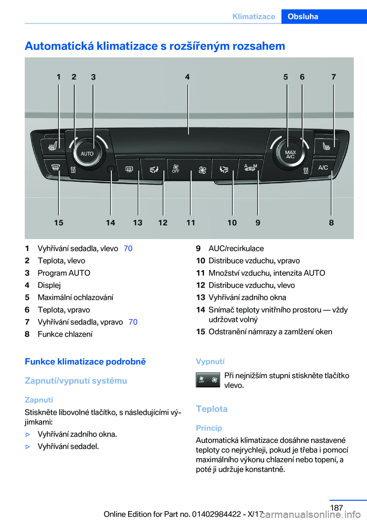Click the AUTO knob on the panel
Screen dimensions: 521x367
click(87, 153)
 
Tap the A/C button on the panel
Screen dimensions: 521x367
click(323, 168)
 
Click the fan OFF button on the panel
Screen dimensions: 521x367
click(176, 169)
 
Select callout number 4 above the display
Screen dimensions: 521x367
click(187, 77)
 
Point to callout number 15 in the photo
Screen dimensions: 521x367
click(58, 223)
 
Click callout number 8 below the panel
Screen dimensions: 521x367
click(331, 223)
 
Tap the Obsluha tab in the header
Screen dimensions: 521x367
click(303, 16)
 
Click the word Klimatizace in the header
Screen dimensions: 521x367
click(254, 16)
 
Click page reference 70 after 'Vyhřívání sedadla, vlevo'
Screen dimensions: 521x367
click(128, 248)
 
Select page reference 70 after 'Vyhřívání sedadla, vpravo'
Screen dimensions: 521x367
click(133, 322)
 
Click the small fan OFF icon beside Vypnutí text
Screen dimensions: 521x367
click(208, 380)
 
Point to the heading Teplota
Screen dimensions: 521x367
click(212, 409)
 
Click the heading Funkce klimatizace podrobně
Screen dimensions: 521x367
click(85, 361)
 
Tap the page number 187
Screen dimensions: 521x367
click(336, 508)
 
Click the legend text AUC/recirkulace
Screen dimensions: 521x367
click(236, 248)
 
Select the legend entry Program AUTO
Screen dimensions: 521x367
click(64, 273)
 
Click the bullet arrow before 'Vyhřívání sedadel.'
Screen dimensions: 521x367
click(28, 446)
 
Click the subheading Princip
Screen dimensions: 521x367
click(209, 428)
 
